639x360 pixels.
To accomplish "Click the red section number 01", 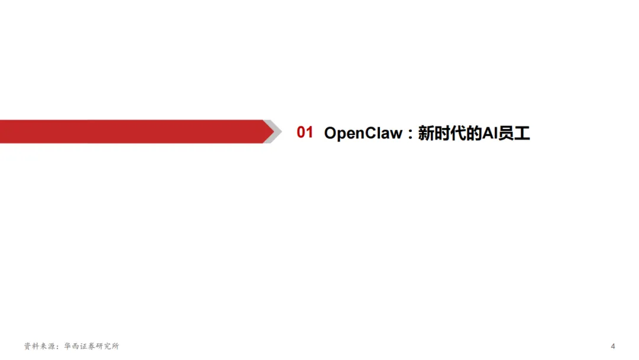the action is pyautogui.click(x=305, y=133).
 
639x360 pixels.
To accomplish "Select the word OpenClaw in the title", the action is pyautogui.click(x=363, y=133).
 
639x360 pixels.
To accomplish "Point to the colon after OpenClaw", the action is pyautogui.click(x=409, y=134).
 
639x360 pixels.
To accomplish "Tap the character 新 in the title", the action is pyautogui.click(x=425, y=133).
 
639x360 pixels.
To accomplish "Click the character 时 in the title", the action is pyautogui.click(x=441, y=133).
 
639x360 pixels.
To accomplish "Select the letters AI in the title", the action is pyautogui.click(x=489, y=133).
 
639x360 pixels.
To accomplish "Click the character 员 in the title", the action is pyautogui.click(x=506, y=133).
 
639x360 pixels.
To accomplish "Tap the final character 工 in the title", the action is pyautogui.click(x=522, y=133).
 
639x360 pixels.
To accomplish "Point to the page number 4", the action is pyautogui.click(x=613, y=346).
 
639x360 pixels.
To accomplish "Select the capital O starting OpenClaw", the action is pyautogui.click(x=330, y=133).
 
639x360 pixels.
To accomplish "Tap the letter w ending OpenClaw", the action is pyautogui.click(x=396, y=133).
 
